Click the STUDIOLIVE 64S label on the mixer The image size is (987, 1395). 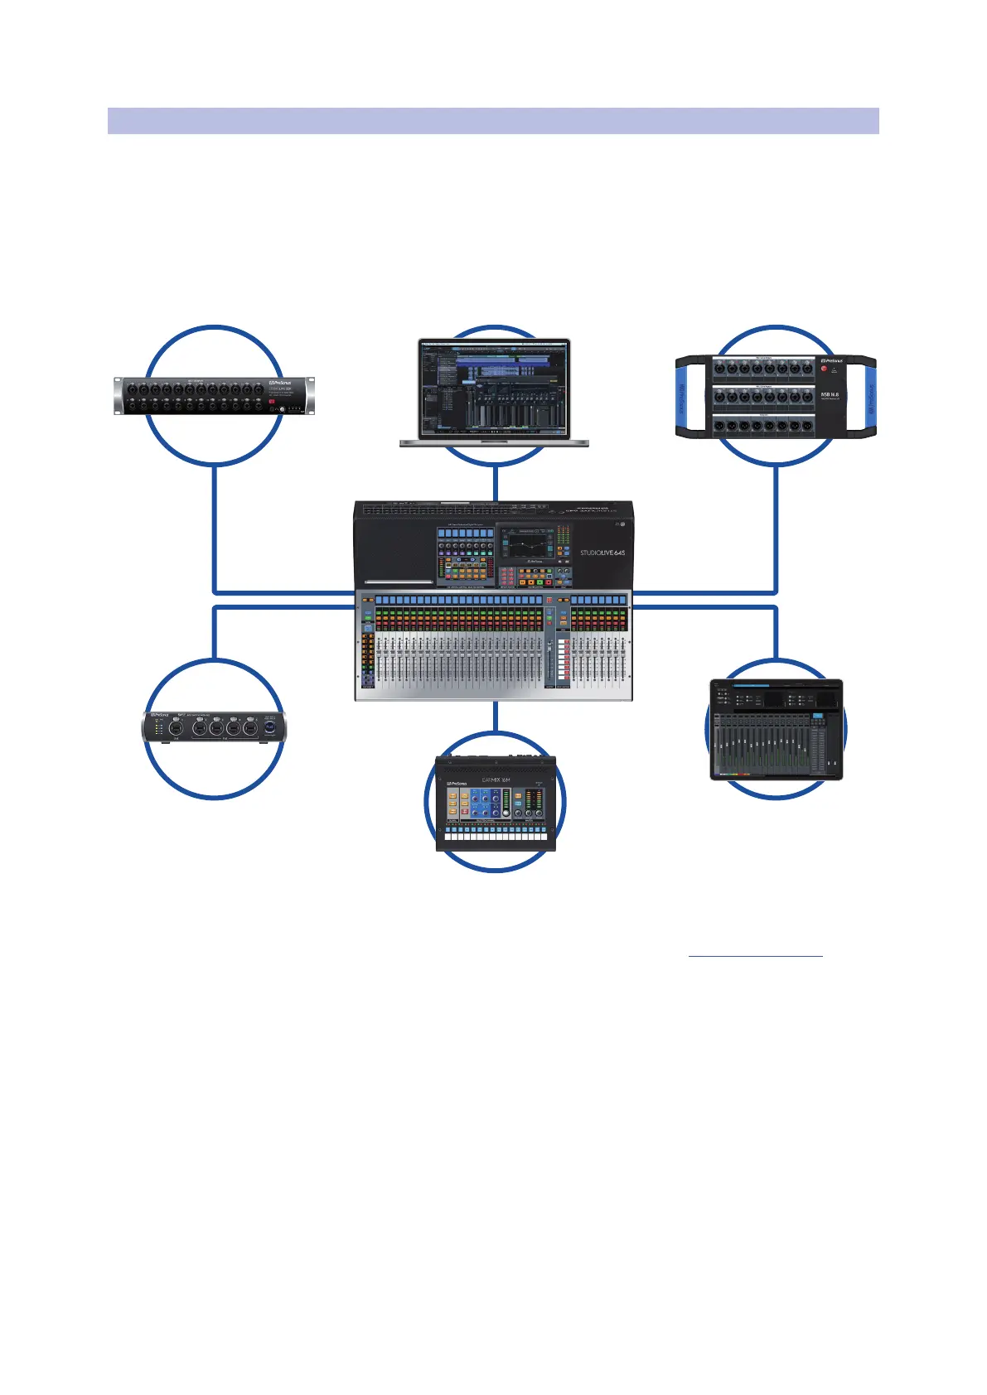pos(602,553)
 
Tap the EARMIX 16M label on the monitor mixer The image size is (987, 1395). pos(496,780)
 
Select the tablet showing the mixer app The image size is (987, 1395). pos(776,730)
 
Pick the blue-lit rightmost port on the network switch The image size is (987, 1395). pos(270,730)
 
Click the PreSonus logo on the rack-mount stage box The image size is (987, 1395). pos(279,384)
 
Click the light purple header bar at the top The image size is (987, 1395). pos(493,120)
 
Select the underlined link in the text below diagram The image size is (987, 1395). pos(755,954)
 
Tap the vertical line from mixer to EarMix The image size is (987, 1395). pos(495,717)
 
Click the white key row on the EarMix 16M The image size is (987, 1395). pos(496,837)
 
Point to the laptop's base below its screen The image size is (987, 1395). pos(495,443)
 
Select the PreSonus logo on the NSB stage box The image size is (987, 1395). pos(831,361)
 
